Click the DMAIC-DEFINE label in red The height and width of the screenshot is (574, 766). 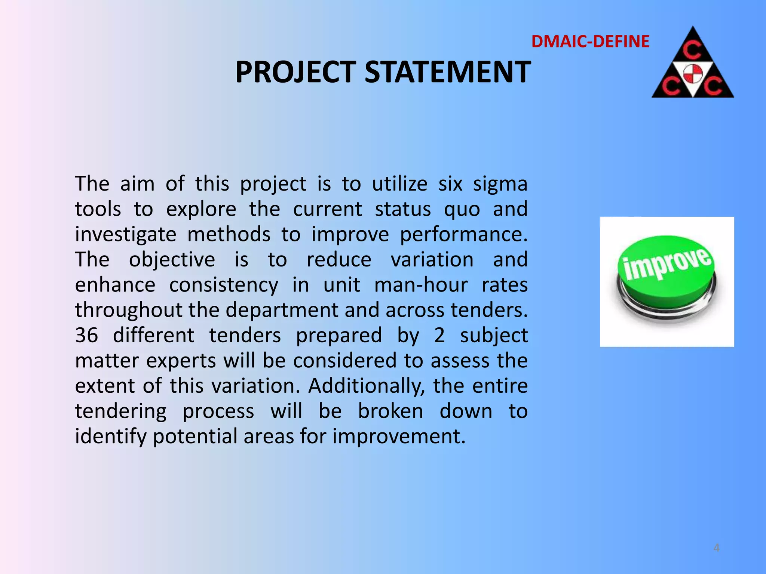pyautogui.click(x=590, y=41)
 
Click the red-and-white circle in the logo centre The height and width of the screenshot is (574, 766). pyautogui.click(x=693, y=73)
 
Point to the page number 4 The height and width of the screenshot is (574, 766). pyautogui.click(x=716, y=548)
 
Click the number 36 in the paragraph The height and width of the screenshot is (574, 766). pyautogui.click(x=86, y=335)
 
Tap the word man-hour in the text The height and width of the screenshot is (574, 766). pyautogui.click(x=421, y=285)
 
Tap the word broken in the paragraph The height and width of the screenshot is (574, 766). pyautogui.click(x=390, y=411)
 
